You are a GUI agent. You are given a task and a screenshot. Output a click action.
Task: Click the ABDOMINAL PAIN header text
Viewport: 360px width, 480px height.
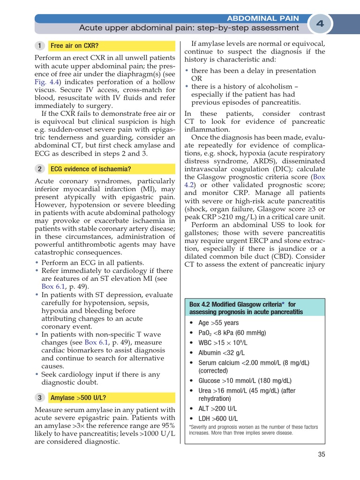pyautogui.click(x=262, y=18)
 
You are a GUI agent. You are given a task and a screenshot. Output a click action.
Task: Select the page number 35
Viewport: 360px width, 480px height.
pyautogui.click(x=321, y=454)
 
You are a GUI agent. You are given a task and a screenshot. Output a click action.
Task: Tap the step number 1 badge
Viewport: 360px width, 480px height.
pyautogui.click(x=40, y=46)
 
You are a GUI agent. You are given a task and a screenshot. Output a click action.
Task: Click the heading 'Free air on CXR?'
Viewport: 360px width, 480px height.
pyautogui.click(x=75, y=46)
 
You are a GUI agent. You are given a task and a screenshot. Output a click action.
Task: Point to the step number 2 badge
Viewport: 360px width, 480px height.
pyautogui.click(x=40, y=169)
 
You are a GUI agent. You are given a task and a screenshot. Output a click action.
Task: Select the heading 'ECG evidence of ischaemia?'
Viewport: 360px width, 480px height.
pyautogui.click(x=90, y=169)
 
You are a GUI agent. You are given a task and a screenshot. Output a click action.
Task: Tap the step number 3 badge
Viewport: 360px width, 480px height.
pyautogui.click(x=40, y=398)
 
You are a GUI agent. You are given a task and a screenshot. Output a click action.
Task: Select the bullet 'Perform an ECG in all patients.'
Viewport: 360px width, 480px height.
pyautogui.click(x=93, y=262)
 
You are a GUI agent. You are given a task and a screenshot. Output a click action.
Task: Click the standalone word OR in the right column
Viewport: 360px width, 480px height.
pyautogui.click(x=197, y=78)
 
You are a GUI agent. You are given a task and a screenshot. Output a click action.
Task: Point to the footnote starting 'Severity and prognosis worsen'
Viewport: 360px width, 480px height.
pyautogui.click(x=253, y=430)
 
